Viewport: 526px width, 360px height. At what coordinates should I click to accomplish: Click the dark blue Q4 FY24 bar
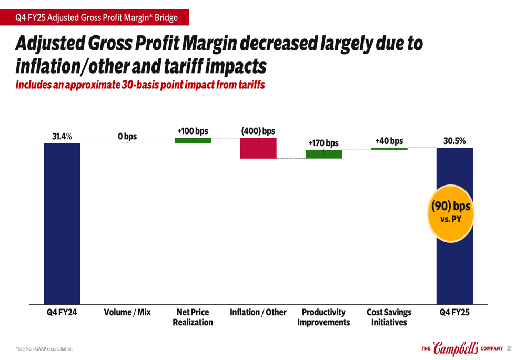coord(62,223)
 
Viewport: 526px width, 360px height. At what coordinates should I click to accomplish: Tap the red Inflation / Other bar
coord(258,148)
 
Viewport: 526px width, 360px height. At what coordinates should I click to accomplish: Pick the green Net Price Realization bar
coord(193,140)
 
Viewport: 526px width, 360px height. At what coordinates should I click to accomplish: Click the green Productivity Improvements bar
coord(323,154)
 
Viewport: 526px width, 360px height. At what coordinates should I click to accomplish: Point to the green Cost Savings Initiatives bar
coord(389,149)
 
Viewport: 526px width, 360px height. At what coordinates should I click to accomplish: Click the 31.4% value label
coord(62,137)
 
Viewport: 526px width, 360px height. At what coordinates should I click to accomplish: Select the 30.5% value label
coord(454,141)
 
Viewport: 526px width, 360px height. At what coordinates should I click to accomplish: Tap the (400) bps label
coord(258,130)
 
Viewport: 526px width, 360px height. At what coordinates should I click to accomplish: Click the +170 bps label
coord(323,143)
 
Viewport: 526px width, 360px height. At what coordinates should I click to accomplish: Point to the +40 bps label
coord(389,141)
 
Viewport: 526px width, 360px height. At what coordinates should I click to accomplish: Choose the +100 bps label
coord(193,130)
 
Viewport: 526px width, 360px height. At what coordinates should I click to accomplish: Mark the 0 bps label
coord(127,137)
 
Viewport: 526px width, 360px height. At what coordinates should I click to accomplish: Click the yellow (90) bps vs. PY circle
coord(451,211)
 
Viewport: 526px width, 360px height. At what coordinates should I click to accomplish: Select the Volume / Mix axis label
coord(127,313)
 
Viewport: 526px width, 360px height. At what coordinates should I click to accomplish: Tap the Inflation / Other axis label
coord(258,313)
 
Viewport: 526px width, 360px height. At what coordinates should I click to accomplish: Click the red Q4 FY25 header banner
coord(95,18)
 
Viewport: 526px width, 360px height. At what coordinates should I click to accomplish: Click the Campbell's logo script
coord(456,348)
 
